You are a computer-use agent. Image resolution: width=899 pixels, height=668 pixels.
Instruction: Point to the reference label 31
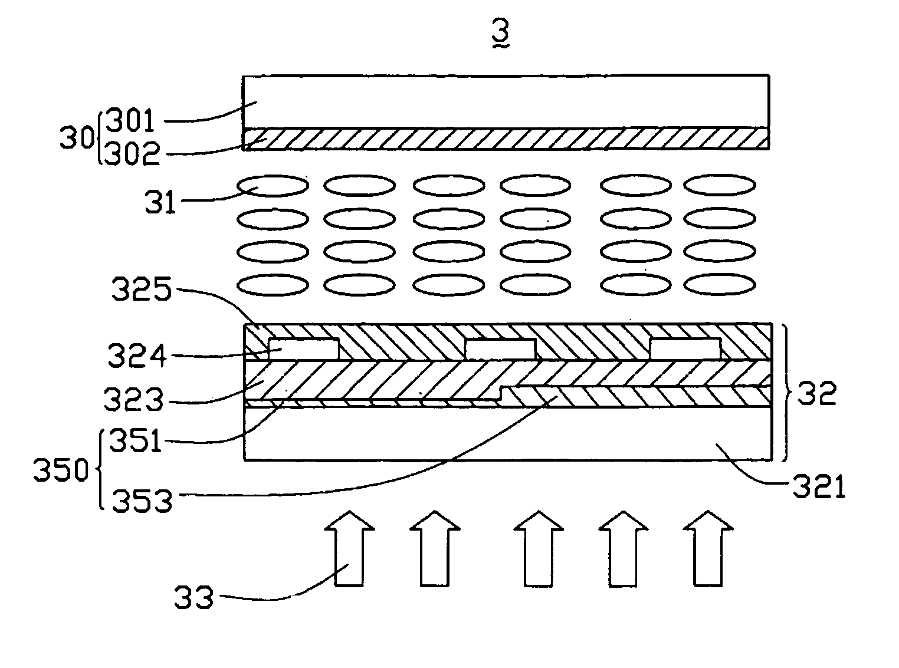(160, 202)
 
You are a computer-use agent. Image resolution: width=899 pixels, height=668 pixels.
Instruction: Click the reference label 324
(137, 356)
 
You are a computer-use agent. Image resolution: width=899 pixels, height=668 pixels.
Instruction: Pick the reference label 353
(142, 501)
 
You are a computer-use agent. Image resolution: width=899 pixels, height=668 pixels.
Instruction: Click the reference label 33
(193, 599)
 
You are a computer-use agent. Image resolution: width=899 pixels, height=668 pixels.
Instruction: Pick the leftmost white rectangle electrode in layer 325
(304, 349)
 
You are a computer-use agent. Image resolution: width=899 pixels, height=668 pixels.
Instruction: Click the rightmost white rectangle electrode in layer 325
(685, 349)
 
